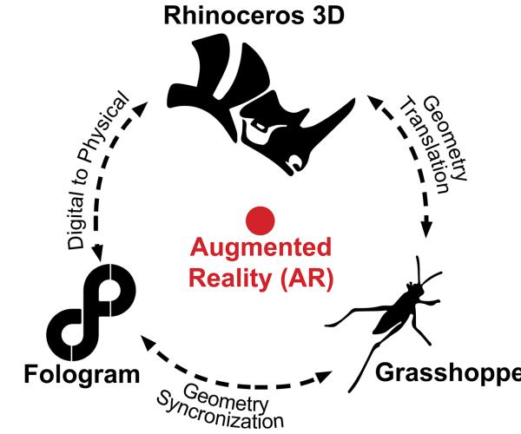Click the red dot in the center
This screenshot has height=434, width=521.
tap(260, 220)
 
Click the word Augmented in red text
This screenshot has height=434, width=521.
tap(260, 247)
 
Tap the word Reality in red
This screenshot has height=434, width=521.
tap(229, 278)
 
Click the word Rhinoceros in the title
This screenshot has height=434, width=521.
tap(234, 16)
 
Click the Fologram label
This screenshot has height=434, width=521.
tap(82, 375)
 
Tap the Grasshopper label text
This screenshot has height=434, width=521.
tap(448, 373)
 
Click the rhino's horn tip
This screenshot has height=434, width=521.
tap(353, 99)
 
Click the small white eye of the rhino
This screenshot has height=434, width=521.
tap(259, 125)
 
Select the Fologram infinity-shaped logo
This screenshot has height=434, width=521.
tap(91, 312)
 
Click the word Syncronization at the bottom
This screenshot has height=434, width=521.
tap(220, 411)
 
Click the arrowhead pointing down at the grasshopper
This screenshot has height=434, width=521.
tap(426, 227)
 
